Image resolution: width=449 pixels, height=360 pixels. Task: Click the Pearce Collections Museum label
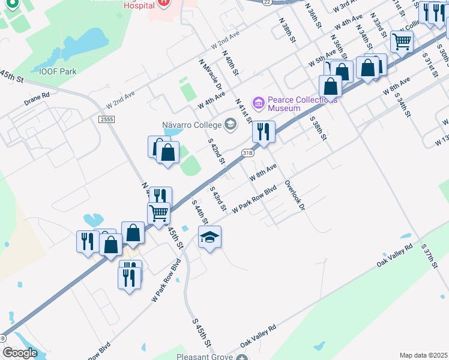coord(292,104)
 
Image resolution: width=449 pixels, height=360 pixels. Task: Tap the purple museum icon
coord(259,103)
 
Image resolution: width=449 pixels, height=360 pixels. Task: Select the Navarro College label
coord(191,125)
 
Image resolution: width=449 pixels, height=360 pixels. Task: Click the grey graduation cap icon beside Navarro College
coord(230,125)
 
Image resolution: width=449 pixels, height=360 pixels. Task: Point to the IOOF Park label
coord(58,71)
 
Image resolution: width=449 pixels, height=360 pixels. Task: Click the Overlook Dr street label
coord(295,195)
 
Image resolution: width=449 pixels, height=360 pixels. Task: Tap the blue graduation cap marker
coord(209,237)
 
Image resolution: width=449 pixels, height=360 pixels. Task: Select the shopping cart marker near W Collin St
coord(401,41)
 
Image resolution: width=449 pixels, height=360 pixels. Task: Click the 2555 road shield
coord(106,119)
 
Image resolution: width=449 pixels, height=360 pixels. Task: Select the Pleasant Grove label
coord(204,357)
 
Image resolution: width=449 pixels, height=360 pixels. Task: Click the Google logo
coord(20,353)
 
